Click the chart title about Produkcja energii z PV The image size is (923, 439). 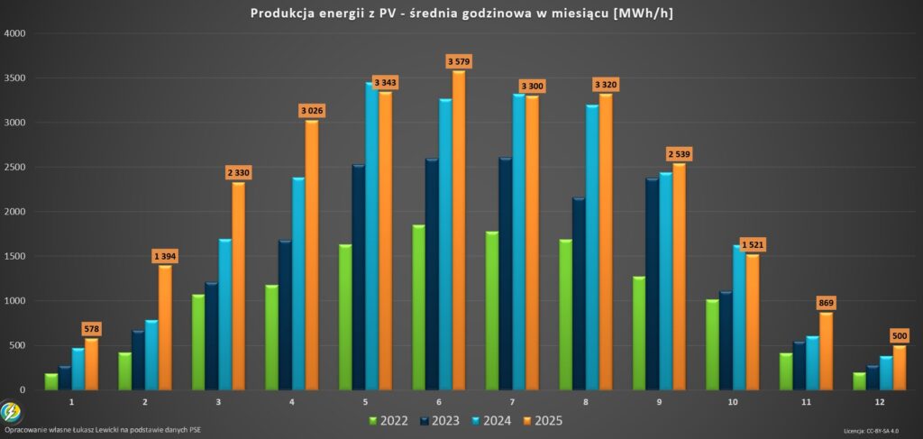pyautogui.click(x=461, y=14)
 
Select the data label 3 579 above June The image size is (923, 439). pyautogui.click(x=459, y=61)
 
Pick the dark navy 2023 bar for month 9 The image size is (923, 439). pyautogui.click(x=652, y=284)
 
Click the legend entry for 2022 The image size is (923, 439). pyautogui.click(x=388, y=420)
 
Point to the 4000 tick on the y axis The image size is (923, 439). pyautogui.click(x=15, y=33)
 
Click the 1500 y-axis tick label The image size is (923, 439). pyautogui.click(x=15, y=257)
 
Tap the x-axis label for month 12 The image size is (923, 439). pyautogui.click(x=880, y=402)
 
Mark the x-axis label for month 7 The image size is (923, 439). pyautogui.click(x=513, y=402)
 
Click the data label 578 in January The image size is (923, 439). pyautogui.click(x=92, y=329)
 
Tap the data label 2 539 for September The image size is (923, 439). pyautogui.click(x=679, y=154)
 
